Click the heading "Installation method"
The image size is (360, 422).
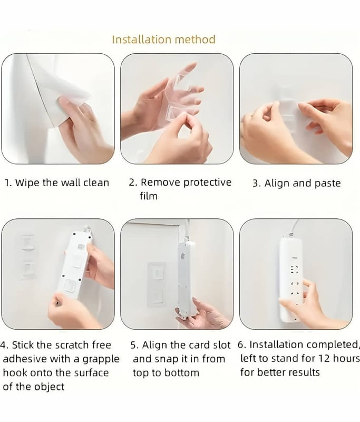[x=164, y=40]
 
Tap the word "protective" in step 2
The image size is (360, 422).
[x=207, y=183]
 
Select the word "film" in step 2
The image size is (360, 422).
[x=149, y=196]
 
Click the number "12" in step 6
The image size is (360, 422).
[x=324, y=359]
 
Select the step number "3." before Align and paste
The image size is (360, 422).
[x=257, y=183]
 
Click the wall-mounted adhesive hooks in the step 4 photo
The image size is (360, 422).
[x=28, y=257]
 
